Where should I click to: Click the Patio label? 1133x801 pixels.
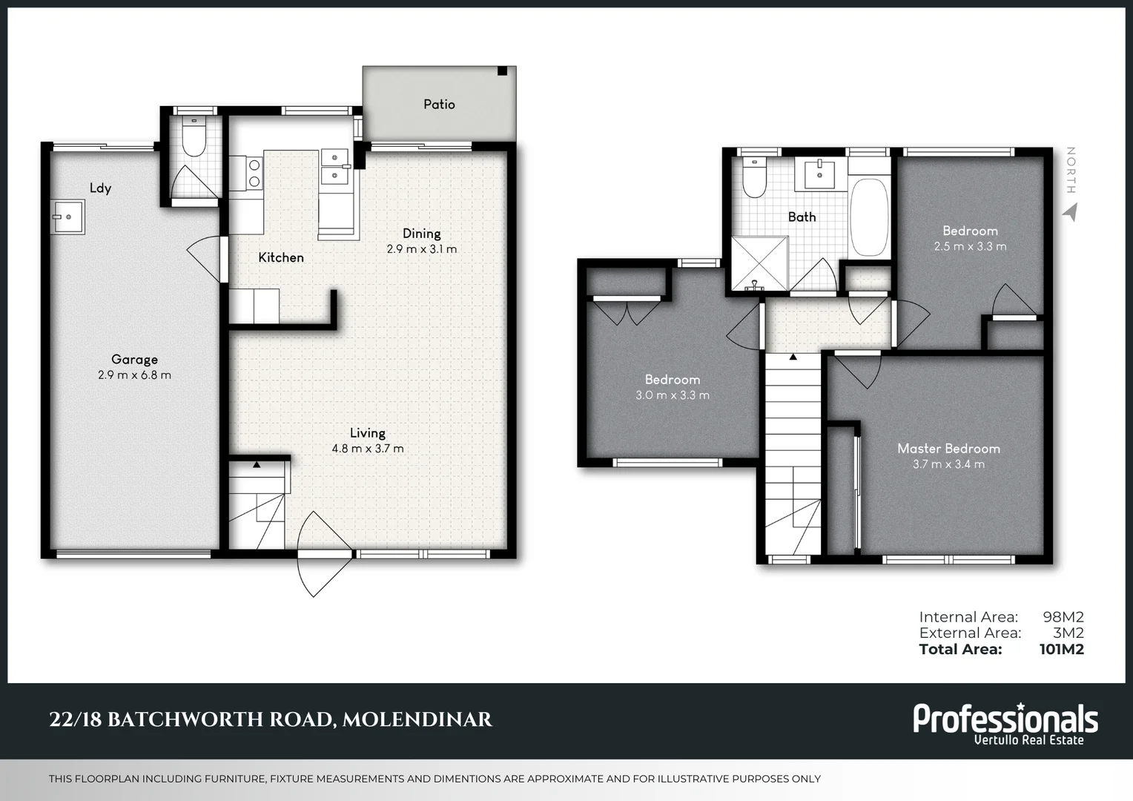[x=439, y=105]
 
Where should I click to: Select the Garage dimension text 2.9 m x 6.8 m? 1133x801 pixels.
[x=134, y=375]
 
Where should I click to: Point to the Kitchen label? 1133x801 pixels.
[x=281, y=257]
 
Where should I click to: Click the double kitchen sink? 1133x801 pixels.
[x=334, y=167]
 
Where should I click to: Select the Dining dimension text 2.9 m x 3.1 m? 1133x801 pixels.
[x=421, y=249]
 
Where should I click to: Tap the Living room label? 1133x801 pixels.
[x=368, y=433]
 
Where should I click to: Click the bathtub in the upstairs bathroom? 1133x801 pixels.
[x=869, y=217]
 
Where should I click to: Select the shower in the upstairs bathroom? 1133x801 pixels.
[x=760, y=263]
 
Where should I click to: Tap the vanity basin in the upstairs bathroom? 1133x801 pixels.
[x=819, y=174]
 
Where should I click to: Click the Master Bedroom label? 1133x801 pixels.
[x=948, y=449]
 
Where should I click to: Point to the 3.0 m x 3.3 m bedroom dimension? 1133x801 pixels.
[x=672, y=395]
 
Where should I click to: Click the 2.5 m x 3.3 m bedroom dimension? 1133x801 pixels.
[x=970, y=246]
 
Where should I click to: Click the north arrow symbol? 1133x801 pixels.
[x=1069, y=212]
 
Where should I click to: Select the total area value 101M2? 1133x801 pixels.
[x=1061, y=650]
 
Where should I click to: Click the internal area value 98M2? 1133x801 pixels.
[x=1063, y=617]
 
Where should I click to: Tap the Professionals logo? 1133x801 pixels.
[x=1005, y=722]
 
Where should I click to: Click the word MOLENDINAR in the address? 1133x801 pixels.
[x=417, y=719]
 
